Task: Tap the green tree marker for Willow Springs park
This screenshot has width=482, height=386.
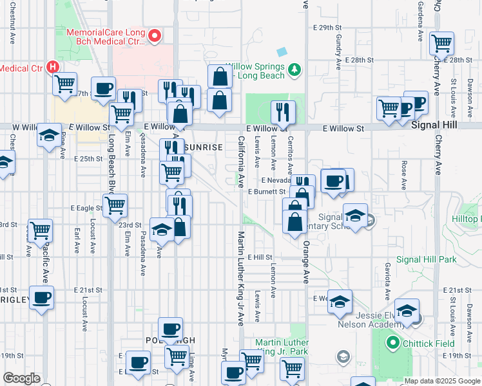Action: [294, 68]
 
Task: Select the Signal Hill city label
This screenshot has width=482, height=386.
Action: [438, 128]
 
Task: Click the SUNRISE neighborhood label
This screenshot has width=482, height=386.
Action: [204, 147]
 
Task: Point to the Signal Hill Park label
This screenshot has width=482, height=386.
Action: [426, 259]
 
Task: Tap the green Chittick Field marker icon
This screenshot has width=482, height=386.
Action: [391, 343]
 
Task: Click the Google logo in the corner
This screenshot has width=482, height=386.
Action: [21, 378]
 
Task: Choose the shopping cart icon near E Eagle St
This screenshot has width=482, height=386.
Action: [115, 205]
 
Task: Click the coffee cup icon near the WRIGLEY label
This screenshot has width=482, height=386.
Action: [42, 298]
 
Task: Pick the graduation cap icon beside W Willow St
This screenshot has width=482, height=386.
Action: [49, 136]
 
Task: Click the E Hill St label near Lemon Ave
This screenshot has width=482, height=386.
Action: [259, 257]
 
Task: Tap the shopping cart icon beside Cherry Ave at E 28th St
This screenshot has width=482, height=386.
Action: [441, 43]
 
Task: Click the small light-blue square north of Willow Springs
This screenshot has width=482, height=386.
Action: [282, 51]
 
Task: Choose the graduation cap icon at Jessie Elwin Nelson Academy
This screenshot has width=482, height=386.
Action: [407, 311]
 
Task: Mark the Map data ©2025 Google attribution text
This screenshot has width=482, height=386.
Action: [441, 381]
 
